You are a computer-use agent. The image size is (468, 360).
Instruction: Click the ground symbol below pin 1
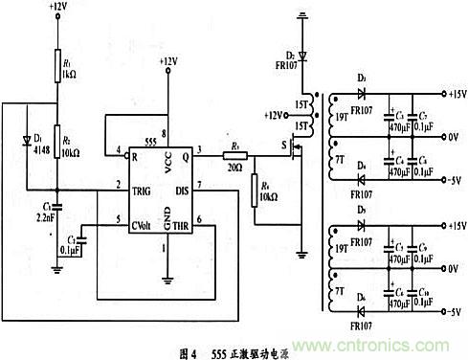[167, 279]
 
